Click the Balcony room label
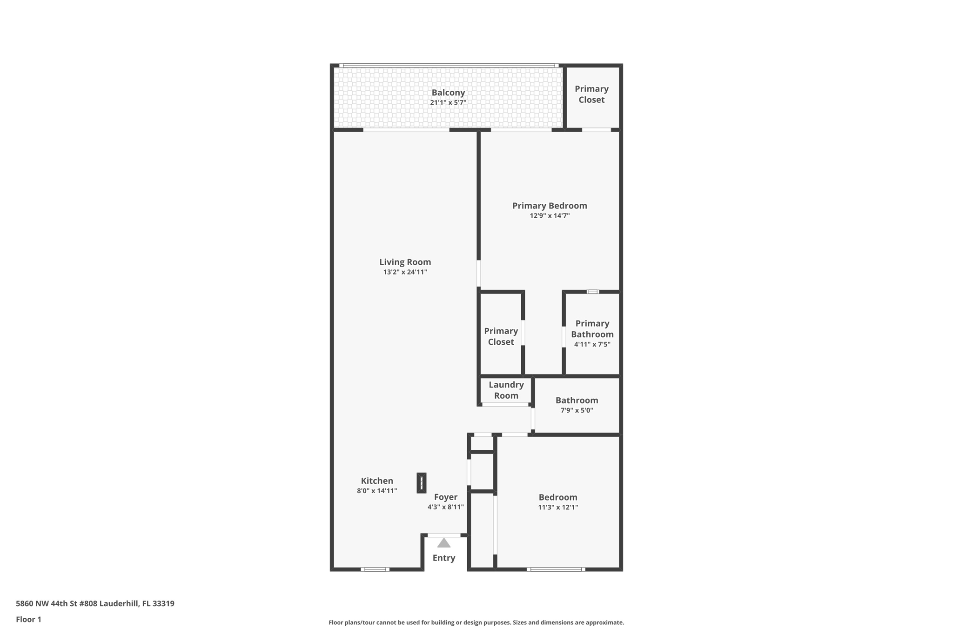click(x=448, y=93)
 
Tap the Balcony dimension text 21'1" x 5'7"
click(x=448, y=103)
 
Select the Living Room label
click(x=405, y=262)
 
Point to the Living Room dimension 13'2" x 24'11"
click(x=405, y=272)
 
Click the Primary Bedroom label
click(x=550, y=206)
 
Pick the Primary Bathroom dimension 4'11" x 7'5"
click(x=592, y=345)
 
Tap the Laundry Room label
click(x=506, y=390)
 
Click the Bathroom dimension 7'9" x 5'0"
click(x=577, y=410)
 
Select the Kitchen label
click(x=377, y=481)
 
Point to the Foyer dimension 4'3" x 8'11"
click(x=445, y=507)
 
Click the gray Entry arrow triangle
click(x=444, y=543)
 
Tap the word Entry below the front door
click(x=444, y=558)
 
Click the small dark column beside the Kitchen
click(x=421, y=483)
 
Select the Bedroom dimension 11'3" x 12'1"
click(x=558, y=508)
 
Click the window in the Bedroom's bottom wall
click(x=556, y=569)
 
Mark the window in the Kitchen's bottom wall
click(x=375, y=569)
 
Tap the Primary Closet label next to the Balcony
click(x=591, y=94)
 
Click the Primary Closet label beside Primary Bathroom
click(x=501, y=336)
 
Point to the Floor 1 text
click(x=28, y=619)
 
